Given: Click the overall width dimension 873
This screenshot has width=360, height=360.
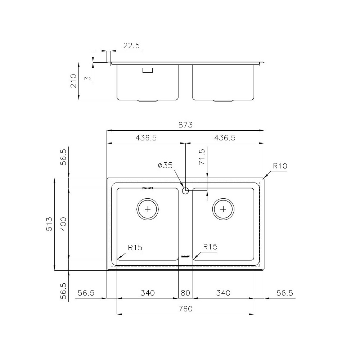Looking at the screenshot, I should click(185, 125).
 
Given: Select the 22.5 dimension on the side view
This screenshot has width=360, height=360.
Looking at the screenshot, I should click(131, 46).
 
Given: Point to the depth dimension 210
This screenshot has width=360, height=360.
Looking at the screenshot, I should click(73, 81).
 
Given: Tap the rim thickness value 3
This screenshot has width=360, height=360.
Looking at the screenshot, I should click(87, 78).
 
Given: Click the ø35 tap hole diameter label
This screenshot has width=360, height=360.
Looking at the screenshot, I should click(165, 166).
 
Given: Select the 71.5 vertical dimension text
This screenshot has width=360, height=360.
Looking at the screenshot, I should click(201, 157).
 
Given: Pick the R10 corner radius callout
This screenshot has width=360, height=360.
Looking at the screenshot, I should click(280, 166).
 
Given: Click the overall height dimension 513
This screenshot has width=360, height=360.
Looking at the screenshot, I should click(49, 224).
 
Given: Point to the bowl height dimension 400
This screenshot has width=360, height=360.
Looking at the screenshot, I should click(63, 224).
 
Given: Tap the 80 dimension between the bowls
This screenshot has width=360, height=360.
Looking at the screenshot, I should click(185, 293).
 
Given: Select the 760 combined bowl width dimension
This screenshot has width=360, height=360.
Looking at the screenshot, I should click(185, 309).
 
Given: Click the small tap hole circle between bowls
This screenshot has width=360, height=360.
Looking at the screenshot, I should click(185, 191).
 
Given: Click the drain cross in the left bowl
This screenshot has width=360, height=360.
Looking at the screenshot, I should click(148, 209).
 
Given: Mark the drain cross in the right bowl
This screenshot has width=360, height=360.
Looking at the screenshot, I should click(223, 209).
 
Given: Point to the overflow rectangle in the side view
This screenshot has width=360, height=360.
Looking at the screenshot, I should click(148, 70).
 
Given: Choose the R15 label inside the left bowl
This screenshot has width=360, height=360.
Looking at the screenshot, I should click(135, 248).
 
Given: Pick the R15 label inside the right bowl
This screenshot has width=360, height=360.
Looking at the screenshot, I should click(210, 247).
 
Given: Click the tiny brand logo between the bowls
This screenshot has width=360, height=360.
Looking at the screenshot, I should click(185, 257).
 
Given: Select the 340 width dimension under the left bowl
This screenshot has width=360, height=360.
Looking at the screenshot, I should click(147, 293).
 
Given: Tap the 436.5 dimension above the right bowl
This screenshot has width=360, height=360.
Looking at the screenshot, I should click(225, 138).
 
